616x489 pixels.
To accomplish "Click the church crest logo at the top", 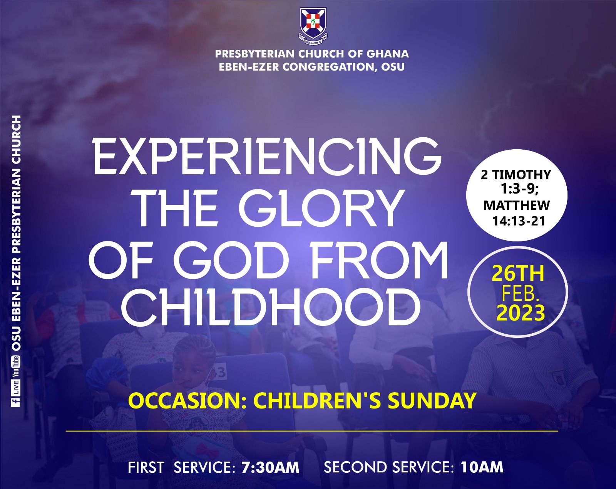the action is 313,26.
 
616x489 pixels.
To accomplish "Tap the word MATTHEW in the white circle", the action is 517,205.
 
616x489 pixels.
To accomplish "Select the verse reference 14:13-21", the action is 519,221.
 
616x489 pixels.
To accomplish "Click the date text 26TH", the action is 518,273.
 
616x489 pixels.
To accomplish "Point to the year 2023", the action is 521,312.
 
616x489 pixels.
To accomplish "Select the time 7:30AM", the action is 270,467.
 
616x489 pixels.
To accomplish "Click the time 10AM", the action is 482,467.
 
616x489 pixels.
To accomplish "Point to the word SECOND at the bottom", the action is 357,467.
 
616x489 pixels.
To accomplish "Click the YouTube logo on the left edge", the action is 15,366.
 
